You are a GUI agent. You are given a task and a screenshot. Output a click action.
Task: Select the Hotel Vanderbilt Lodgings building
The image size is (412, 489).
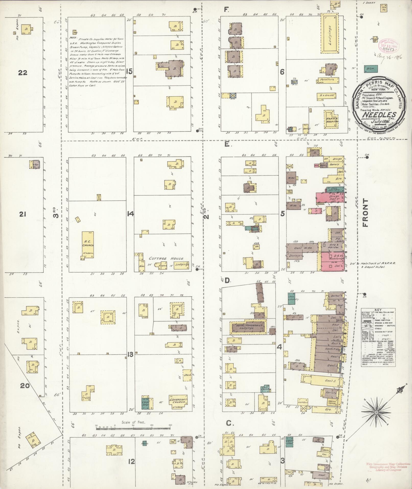[248, 327]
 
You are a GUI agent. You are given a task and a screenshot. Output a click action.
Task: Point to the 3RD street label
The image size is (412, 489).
[55, 212]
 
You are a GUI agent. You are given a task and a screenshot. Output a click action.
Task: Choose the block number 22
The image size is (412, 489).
[23, 73]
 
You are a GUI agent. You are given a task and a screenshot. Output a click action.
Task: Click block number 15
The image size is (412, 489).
[130, 71]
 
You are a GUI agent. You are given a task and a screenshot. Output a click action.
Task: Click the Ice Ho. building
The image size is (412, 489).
[383, 8]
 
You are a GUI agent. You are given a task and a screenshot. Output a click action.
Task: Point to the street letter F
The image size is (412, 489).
[226, 10]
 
